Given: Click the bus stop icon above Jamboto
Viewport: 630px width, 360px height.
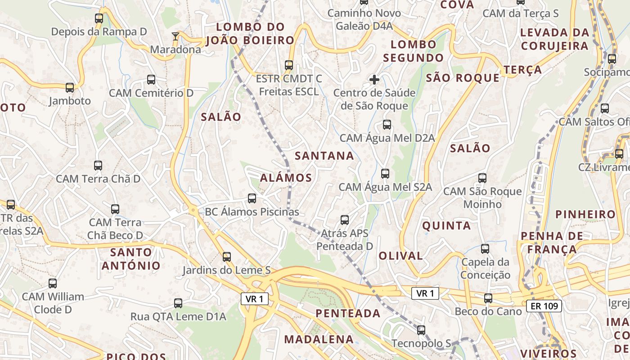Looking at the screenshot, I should point(70,87).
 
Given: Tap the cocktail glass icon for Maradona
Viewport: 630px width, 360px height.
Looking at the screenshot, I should point(175,36).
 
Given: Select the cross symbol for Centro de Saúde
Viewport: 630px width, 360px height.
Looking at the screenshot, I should point(374,80).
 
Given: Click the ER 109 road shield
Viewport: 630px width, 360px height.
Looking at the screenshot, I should point(544,306).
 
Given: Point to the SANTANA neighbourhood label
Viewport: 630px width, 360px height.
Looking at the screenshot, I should point(324,156).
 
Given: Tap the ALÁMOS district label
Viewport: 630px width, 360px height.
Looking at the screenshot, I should point(286,178).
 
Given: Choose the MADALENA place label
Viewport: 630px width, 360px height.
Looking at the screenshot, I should point(319,339).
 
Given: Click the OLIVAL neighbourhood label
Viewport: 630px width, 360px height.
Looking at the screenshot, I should point(400,256).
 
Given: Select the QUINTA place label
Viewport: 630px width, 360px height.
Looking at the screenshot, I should point(446,225).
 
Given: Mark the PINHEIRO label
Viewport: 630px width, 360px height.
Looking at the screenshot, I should point(585,214).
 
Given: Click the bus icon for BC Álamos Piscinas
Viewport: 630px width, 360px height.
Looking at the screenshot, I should point(252,198).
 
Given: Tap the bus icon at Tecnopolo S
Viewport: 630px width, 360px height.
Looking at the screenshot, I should point(421,330).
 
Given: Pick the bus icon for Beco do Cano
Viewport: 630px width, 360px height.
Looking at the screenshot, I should point(488,298).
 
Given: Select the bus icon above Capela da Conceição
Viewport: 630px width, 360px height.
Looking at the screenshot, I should point(485,248).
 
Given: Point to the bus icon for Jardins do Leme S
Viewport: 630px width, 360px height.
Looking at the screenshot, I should point(227,256).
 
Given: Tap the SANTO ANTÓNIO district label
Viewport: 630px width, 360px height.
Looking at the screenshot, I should point(131,259).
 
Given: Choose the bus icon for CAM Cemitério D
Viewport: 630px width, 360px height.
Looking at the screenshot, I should point(151,80).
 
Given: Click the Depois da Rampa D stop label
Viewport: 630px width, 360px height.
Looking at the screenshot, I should point(99,32).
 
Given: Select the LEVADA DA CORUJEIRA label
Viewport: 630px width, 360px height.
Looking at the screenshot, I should point(554,39).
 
